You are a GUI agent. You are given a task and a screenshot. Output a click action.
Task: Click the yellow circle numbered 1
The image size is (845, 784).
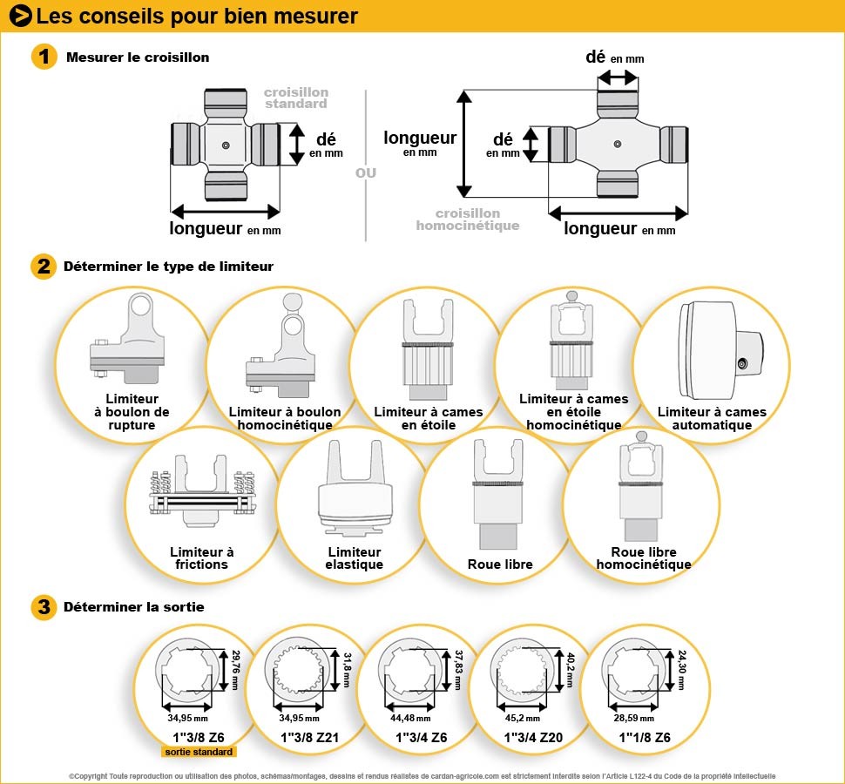tap(44, 57)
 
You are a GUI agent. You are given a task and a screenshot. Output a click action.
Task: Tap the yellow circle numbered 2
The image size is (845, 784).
tap(44, 267)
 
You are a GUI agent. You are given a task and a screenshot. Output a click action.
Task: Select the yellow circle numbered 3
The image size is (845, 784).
tap(44, 607)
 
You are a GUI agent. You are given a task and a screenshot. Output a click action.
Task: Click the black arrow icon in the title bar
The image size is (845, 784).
tap(21, 16)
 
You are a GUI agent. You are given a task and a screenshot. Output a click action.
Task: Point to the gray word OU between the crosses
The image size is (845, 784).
tap(366, 172)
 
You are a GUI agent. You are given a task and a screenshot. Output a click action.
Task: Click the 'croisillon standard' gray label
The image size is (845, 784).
tap(296, 98)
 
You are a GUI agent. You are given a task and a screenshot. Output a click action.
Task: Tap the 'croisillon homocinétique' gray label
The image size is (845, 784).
tap(468, 220)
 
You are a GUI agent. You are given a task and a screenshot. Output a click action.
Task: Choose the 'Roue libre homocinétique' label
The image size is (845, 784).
tap(643, 558)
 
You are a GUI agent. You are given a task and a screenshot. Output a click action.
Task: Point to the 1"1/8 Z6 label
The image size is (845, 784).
tap(645, 738)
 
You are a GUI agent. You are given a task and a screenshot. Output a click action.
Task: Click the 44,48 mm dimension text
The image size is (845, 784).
tap(411, 719)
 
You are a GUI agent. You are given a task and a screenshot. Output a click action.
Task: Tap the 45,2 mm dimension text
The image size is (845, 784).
tap(522, 719)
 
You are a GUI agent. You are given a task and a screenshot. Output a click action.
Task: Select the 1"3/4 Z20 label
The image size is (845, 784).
tap(532, 738)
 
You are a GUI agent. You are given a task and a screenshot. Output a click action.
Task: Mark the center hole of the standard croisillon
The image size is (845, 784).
tap(226, 145)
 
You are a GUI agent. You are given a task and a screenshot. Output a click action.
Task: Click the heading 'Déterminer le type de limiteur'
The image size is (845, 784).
tap(168, 267)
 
